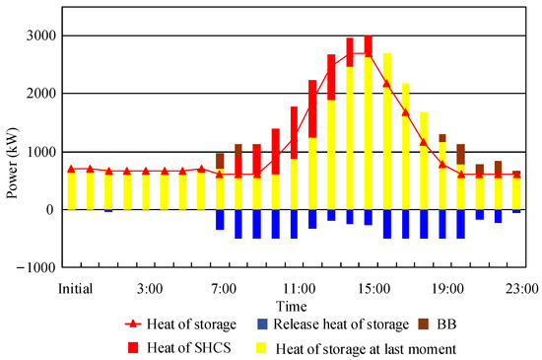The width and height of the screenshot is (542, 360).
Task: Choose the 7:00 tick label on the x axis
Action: click(x=224, y=287)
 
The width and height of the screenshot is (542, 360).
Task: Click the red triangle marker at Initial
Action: click(x=71, y=169)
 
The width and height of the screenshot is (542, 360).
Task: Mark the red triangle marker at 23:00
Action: click(x=516, y=174)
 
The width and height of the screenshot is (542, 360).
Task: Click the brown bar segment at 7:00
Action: click(x=220, y=161)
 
